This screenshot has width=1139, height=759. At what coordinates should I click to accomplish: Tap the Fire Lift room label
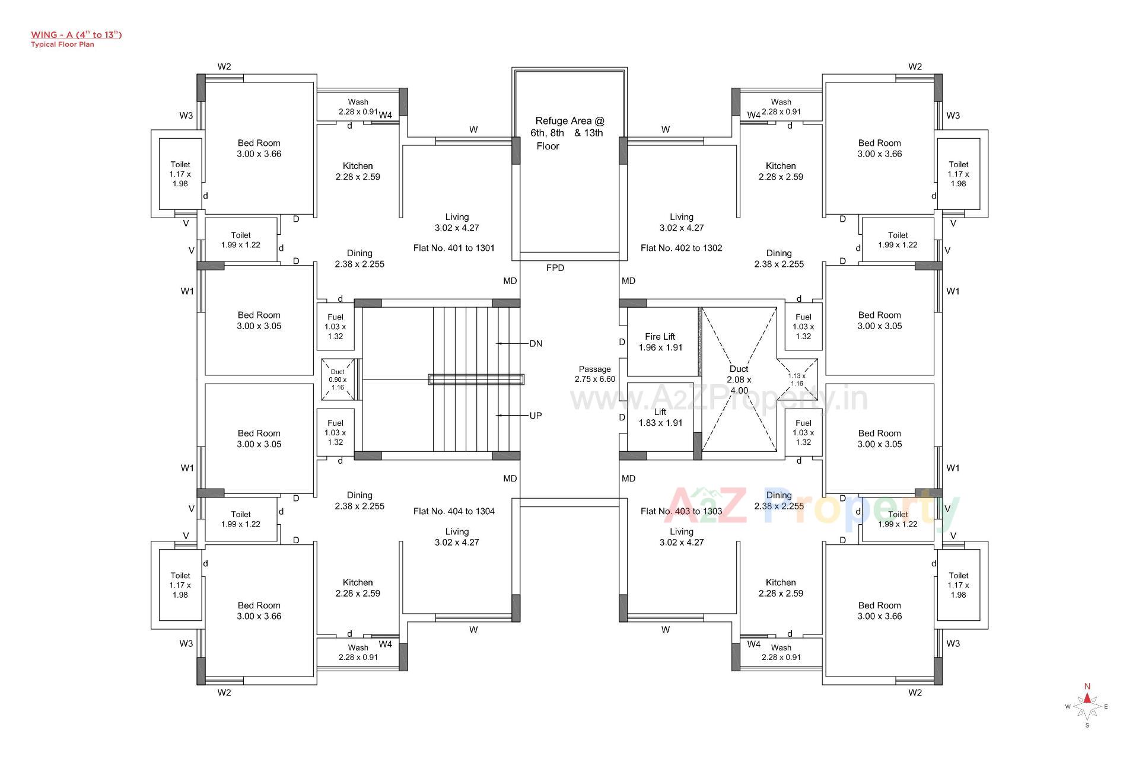pos(660,342)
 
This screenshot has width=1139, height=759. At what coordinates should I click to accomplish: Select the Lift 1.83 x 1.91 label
pos(660,417)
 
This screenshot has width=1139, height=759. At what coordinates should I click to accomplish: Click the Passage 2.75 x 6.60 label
pos(594,374)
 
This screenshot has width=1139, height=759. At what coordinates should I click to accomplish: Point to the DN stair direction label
pos(536,344)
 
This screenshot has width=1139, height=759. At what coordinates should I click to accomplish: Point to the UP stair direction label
pos(536,416)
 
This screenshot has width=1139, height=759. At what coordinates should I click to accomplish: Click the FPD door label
pos(555,268)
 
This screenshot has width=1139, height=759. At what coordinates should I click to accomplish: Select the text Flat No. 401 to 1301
pos(454,248)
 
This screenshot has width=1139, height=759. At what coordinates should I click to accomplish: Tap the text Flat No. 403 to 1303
pos(681,511)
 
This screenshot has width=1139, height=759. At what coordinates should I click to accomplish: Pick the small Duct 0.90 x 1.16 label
pos(338,379)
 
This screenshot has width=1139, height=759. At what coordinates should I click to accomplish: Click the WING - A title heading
pos(76,35)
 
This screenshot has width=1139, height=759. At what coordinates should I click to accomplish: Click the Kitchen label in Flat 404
pos(358,588)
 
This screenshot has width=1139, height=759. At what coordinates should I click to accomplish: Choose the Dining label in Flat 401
pos(359,259)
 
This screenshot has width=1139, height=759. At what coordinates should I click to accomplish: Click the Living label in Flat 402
pos(682,222)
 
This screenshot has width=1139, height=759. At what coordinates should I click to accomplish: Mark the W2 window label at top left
pos(224,67)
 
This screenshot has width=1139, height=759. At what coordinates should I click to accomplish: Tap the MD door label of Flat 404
pos(510,479)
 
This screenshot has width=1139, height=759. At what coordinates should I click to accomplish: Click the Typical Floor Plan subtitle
pos(62,44)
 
